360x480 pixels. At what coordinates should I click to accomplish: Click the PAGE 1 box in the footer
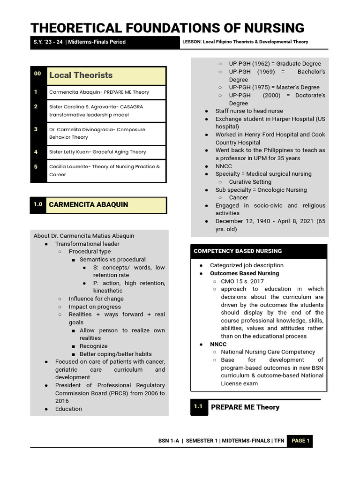click(300, 441)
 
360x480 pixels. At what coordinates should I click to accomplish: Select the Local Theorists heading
click(81, 75)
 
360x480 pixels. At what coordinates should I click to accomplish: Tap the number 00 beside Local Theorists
click(37, 74)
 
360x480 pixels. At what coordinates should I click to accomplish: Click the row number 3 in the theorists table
click(36, 129)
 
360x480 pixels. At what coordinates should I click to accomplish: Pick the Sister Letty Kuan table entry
click(97, 152)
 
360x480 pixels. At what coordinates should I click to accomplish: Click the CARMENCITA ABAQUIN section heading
click(88, 205)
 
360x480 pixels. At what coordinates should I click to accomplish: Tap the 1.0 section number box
click(38, 204)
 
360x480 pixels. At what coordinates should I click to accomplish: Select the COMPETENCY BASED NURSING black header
click(238, 251)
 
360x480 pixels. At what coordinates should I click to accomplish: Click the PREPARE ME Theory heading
click(245, 407)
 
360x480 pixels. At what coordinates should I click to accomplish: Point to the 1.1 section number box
click(198, 407)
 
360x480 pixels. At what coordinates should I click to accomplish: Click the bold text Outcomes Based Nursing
click(244, 273)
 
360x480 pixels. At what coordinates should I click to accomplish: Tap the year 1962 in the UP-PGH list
click(261, 64)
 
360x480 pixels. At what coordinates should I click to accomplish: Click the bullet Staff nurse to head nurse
click(249, 111)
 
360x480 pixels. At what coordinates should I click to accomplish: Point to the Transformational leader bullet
click(87, 244)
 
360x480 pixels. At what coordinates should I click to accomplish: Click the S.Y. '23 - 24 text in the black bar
click(48, 42)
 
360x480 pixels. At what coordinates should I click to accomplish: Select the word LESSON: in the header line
click(192, 42)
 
